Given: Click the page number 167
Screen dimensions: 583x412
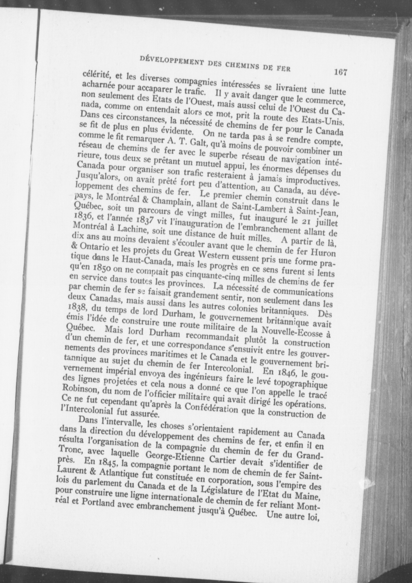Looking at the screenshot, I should [340, 72].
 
